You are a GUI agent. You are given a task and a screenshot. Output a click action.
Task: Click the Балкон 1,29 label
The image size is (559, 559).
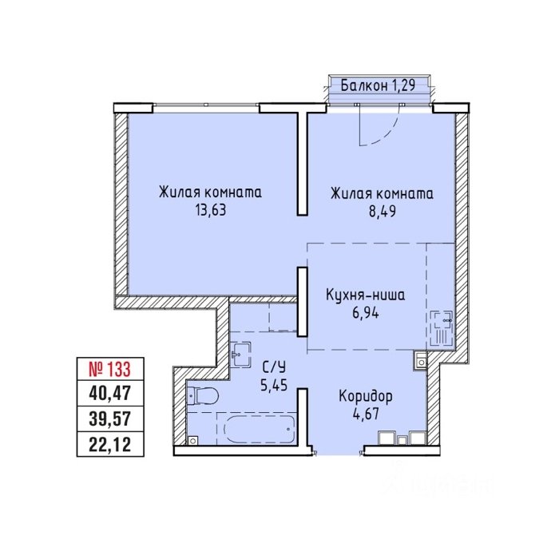[378, 85]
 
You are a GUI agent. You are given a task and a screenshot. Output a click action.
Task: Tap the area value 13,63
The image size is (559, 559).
[210, 210]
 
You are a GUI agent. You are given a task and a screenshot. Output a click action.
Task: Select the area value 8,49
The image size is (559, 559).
[383, 211]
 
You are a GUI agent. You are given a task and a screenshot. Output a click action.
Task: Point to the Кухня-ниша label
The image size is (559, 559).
[366, 295]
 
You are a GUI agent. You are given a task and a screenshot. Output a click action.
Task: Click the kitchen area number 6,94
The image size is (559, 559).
[366, 313]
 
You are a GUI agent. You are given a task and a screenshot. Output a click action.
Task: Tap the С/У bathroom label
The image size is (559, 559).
[275, 367]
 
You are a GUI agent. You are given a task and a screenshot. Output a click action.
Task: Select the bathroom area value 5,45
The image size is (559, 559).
[274, 385]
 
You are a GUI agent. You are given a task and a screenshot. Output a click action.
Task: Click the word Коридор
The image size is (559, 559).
[366, 396]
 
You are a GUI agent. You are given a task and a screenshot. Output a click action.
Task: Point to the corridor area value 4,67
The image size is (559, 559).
[365, 414]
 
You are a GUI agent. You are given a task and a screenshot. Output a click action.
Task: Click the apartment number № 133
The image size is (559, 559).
[110, 369]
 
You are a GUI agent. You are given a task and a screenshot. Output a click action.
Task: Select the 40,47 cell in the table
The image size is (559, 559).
[110, 394]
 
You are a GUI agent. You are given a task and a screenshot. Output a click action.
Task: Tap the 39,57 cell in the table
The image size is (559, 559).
[110, 418]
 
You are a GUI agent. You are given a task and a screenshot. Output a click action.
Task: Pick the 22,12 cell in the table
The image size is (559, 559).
[110, 444]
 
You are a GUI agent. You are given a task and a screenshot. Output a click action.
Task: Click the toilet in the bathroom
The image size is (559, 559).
[203, 395]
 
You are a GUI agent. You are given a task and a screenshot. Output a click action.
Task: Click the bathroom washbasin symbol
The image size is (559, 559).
[240, 354]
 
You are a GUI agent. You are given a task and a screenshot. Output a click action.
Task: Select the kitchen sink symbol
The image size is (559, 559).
[442, 328]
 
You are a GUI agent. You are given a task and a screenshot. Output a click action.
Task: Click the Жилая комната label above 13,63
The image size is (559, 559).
[210, 192]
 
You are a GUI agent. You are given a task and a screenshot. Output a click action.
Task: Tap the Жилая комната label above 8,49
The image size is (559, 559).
[383, 193]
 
